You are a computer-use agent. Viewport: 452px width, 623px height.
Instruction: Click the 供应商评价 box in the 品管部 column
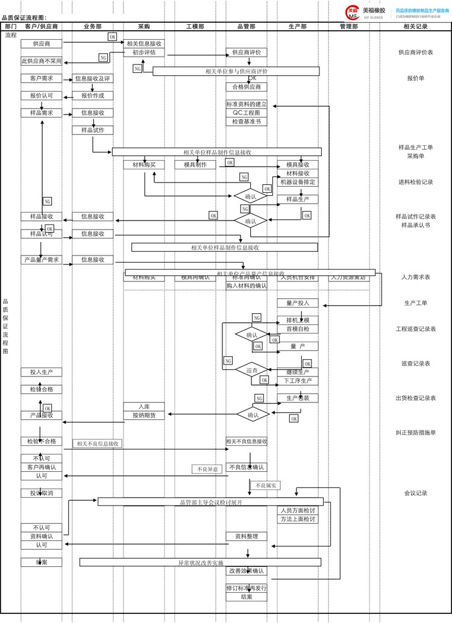(246, 52)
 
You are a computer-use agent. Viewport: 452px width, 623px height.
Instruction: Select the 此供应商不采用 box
(42, 61)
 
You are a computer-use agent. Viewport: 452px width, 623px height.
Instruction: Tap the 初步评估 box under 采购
(144, 52)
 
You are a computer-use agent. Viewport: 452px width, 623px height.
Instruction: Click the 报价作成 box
(92, 95)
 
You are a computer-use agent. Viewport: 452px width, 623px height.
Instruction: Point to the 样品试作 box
(92, 130)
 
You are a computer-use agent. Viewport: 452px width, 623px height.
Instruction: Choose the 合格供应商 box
(246, 87)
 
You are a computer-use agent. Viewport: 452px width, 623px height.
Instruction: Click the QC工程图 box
(246, 113)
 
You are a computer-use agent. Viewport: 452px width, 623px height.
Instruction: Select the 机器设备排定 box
(298, 182)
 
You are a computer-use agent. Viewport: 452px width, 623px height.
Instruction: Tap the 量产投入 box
(298, 303)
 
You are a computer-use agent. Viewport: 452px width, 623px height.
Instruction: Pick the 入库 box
(144, 407)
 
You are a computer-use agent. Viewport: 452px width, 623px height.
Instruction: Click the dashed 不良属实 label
(265, 485)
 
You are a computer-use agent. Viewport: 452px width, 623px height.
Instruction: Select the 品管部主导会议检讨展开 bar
(210, 501)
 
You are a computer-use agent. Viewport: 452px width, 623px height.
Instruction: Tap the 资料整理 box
(246, 536)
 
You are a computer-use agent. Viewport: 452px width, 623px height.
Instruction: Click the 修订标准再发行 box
(246, 588)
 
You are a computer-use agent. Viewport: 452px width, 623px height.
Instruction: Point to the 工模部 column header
(195, 27)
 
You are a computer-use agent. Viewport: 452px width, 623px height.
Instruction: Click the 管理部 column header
(349, 27)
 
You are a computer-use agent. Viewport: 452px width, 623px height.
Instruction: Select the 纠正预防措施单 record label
(416, 432)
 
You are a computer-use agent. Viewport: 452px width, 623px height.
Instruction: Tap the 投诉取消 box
(42, 493)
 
